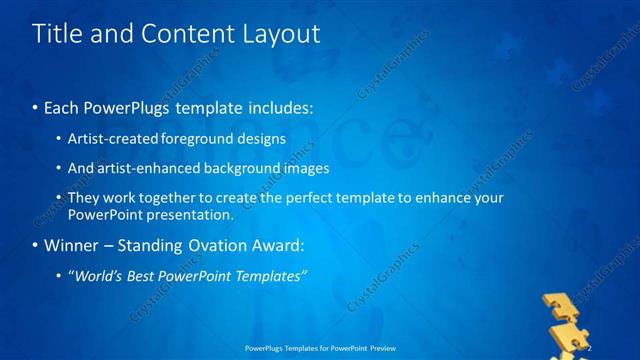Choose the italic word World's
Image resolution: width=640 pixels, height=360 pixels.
click(x=98, y=275)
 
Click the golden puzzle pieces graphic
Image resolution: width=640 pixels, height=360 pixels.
click(x=569, y=320)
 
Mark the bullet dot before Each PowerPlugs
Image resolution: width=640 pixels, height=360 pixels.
click(x=36, y=106)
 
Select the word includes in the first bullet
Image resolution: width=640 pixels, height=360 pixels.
click(x=281, y=106)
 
